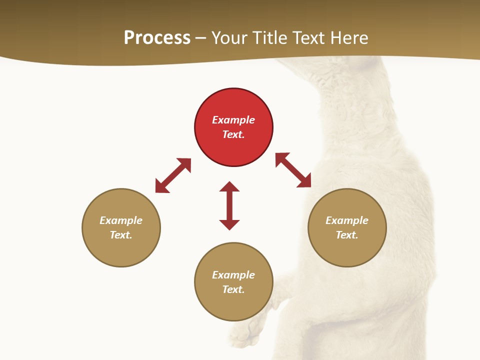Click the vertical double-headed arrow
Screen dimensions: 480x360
[229, 206]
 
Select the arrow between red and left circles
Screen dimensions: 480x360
[173, 175]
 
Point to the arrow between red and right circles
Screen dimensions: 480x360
[293, 170]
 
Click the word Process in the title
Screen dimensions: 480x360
[157, 38]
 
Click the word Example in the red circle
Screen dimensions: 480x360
[233, 120]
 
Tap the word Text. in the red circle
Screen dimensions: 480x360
[233, 134]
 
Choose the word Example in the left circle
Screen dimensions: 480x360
[121, 220]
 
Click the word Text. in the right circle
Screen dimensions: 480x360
[347, 235]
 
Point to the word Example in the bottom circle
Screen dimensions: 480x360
[233, 275]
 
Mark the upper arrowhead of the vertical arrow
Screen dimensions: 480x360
[229, 186]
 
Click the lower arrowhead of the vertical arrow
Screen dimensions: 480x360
[229, 224]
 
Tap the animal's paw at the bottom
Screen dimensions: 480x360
[248, 333]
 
